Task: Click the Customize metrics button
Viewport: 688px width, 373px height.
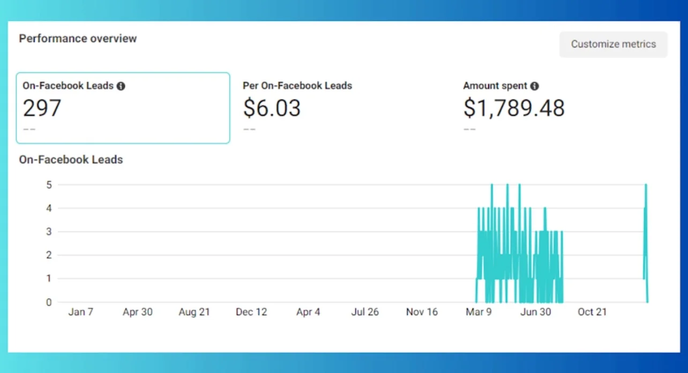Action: point(613,44)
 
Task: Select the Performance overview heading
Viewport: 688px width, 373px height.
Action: point(78,39)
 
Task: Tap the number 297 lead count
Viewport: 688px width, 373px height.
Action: point(42,108)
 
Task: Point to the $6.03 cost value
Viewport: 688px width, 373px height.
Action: point(272,108)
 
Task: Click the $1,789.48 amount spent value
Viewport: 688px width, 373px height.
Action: point(514,108)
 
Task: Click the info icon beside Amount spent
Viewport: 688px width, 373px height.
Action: point(534,86)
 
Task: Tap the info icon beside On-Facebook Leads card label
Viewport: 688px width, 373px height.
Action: point(121,86)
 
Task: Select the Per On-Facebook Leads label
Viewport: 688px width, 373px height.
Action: point(297,86)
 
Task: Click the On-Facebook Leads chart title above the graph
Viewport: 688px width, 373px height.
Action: point(71,159)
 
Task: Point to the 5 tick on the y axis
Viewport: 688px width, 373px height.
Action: point(48,185)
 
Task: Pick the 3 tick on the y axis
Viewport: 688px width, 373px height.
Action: point(48,232)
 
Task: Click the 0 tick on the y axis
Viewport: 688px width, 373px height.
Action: point(48,302)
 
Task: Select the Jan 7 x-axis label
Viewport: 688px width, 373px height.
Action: point(81,312)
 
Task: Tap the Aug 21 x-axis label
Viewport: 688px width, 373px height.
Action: point(195,312)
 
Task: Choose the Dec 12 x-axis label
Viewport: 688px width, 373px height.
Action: point(251,312)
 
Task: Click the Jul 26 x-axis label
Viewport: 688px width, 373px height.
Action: point(365,312)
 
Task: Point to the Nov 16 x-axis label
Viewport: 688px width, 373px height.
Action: point(422,312)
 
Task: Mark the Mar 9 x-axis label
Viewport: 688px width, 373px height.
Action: point(478,312)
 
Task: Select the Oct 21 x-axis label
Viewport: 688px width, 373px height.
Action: point(592,312)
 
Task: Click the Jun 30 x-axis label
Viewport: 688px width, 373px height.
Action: point(535,312)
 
